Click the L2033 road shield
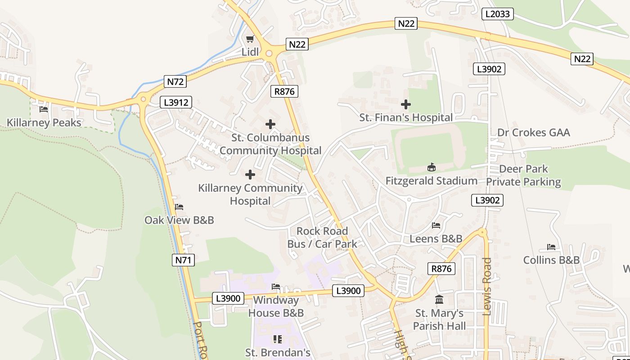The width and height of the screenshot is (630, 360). [498, 14]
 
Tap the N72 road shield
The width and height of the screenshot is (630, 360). [175, 81]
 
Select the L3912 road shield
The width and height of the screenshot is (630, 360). [176, 103]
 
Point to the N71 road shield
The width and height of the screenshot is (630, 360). [183, 260]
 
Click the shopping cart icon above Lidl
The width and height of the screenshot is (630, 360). [250, 39]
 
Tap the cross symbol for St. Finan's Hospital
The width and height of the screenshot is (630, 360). [405, 104]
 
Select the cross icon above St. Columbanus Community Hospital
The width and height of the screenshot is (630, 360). [270, 124]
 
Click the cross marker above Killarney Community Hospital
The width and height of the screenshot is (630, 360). [250, 175]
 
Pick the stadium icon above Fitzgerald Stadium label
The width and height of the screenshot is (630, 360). [431, 167]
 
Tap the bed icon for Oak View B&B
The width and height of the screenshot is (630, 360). [179, 207]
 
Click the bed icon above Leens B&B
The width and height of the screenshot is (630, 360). [436, 225]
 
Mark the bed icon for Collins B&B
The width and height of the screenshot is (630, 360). [551, 247]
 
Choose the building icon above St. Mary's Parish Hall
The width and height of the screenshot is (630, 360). [439, 300]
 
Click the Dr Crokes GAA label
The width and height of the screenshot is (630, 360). [533, 132]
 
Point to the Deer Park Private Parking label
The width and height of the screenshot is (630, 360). [523, 175]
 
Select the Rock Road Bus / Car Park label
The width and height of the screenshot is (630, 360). [322, 238]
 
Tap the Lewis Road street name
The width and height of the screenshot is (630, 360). [487, 286]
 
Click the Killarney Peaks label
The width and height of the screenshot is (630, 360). [44, 123]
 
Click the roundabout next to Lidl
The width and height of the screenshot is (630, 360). [269, 54]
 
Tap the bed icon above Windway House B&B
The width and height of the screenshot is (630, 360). [276, 287]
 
